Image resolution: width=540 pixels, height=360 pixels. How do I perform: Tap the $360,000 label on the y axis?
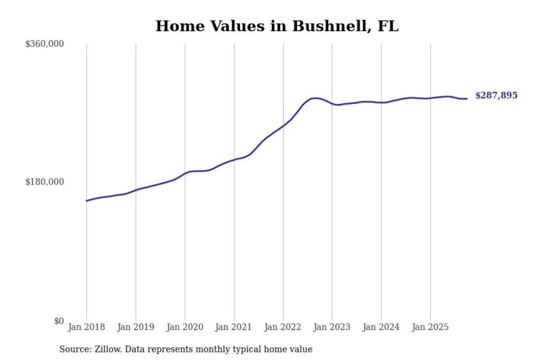(x=45, y=44)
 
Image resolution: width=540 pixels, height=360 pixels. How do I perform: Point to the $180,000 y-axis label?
(x=45, y=182)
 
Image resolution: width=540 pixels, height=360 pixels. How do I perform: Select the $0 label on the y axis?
(x=59, y=321)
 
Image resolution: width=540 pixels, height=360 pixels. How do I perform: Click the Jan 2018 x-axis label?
(x=86, y=327)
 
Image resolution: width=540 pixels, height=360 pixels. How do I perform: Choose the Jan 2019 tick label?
(x=135, y=327)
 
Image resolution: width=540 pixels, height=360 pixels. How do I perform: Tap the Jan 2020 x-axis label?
(x=184, y=327)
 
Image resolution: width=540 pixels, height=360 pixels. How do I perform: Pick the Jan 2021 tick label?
(x=233, y=327)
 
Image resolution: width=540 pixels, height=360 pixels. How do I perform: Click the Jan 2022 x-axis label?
(x=282, y=327)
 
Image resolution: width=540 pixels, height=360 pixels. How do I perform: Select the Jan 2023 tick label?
(x=331, y=327)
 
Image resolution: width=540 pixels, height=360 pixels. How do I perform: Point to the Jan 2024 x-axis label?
(x=381, y=327)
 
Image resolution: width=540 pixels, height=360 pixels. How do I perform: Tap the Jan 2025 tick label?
(x=430, y=327)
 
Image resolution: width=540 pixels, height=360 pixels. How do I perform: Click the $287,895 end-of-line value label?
(x=496, y=95)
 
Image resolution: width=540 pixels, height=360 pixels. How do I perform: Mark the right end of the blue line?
(x=467, y=99)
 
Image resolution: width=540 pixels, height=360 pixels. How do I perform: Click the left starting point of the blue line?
(x=87, y=201)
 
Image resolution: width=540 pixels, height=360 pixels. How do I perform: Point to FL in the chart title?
(x=388, y=26)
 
